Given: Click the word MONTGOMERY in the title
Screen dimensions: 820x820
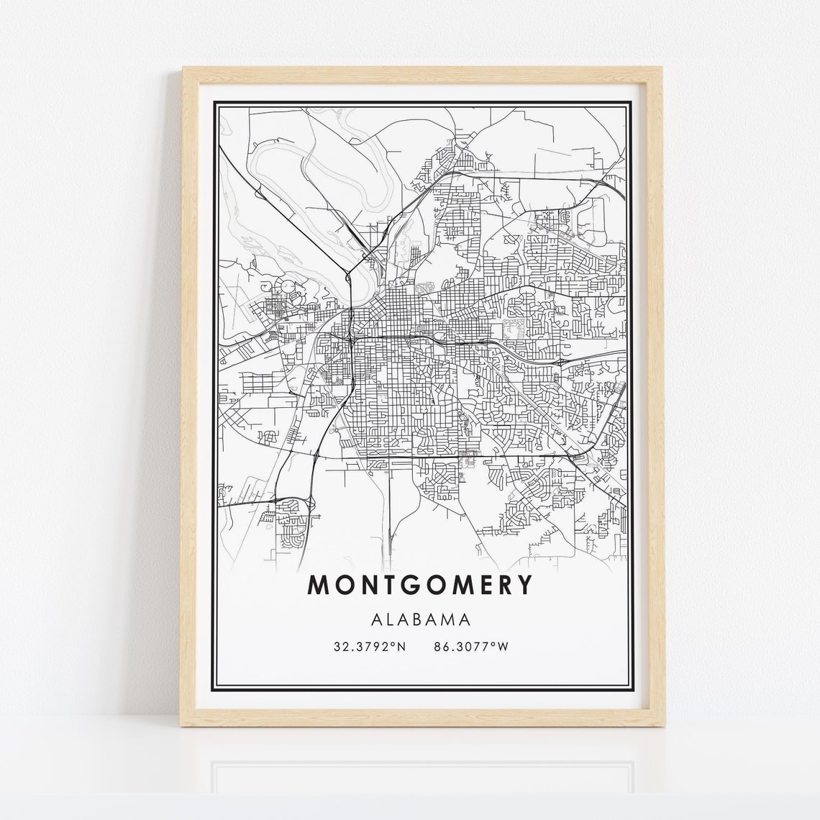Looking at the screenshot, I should tap(422, 585).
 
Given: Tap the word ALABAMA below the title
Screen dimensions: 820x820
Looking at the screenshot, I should tap(422, 619).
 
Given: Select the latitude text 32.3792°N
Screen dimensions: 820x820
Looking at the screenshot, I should tap(370, 647).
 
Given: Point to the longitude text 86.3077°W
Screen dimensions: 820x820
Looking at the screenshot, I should tap(471, 647).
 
